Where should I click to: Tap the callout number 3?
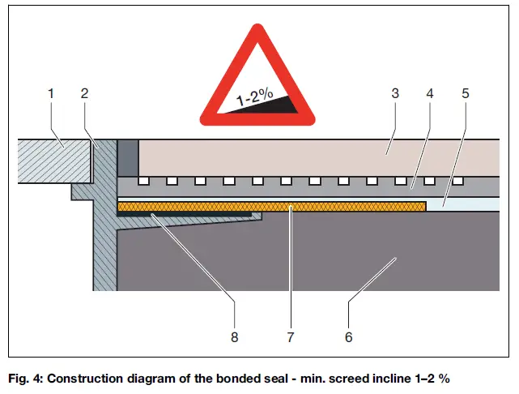(x=394, y=94)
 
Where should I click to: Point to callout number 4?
(x=431, y=94)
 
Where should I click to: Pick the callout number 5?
(x=465, y=94)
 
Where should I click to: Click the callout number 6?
(x=349, y=336)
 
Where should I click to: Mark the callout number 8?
(x=234, y=336)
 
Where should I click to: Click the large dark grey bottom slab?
(x=324, y=259)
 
